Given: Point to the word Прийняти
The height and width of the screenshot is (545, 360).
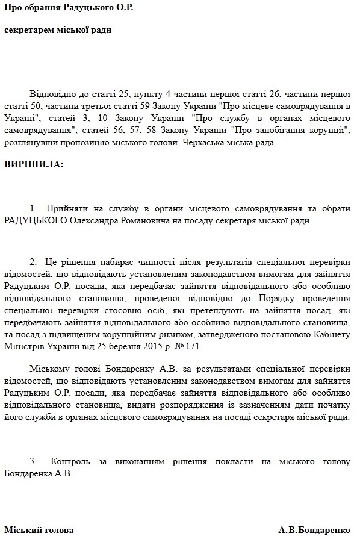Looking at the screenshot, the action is click(64, 209).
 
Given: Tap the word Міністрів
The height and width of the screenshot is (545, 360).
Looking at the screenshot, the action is click(24, 347).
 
